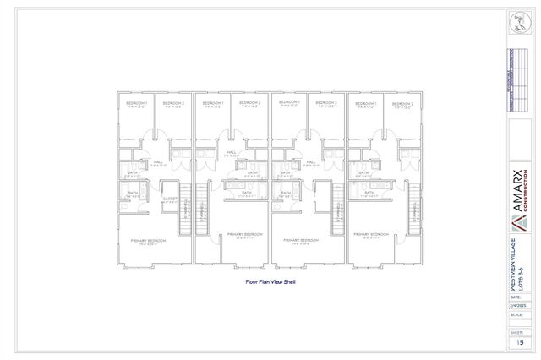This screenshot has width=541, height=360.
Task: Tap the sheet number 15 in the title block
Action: (521, 342)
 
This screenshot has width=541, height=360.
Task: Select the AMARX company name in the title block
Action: (518, 195)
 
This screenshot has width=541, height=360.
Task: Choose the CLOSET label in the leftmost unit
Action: (170, 199)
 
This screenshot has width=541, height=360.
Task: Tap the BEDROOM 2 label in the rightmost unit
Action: (402, 103)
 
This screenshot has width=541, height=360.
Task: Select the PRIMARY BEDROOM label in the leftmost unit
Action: (148, 240)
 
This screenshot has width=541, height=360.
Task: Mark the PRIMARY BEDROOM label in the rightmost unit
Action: (371, 234)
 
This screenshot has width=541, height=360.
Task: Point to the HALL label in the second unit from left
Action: (231, 153)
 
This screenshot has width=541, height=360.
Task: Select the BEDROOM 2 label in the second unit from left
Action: (249, 103)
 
